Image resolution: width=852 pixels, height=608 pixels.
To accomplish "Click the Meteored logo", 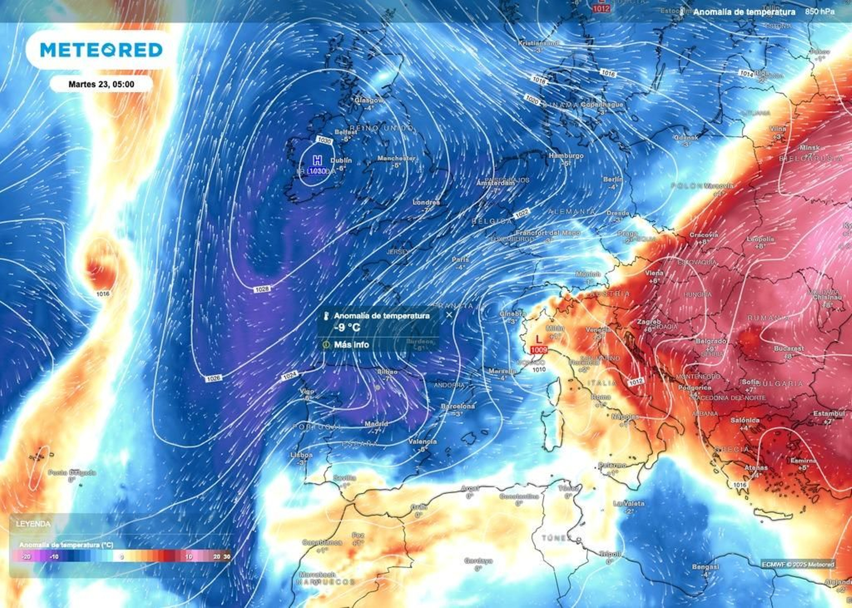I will click(101, 50).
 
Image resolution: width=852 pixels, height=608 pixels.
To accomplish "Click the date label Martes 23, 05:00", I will click(101, 84).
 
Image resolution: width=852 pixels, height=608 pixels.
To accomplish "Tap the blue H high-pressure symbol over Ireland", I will click(317, 160).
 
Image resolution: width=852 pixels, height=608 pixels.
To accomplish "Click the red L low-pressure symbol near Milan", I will click(539, 339).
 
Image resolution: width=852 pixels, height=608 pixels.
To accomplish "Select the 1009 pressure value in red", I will click(539, 350).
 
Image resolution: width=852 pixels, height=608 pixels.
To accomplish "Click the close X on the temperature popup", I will click(449, 315).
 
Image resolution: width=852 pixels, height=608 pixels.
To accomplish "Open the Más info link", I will click(351, 345).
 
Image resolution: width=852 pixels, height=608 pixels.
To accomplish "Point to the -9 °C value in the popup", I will click(347, 327).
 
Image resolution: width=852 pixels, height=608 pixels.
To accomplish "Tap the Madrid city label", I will click(376, 424).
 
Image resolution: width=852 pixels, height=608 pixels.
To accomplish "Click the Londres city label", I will click(427, 202).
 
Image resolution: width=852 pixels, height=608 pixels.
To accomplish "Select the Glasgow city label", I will click(368, 100).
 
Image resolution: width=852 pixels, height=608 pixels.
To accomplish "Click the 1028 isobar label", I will click(262, 289).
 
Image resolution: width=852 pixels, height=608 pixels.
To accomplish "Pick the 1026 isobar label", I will click(213, 378).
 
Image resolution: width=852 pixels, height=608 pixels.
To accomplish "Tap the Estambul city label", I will click(829, 414).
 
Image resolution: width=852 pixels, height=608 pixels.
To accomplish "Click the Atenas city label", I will click(756, 467).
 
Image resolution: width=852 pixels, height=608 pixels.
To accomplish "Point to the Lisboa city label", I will click(302, 455).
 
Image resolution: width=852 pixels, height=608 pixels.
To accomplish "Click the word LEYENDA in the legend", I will click(33, 524).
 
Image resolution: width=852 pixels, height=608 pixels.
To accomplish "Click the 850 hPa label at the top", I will click(820, 11).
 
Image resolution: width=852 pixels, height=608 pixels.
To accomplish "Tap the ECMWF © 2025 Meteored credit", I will click(798, 564).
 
